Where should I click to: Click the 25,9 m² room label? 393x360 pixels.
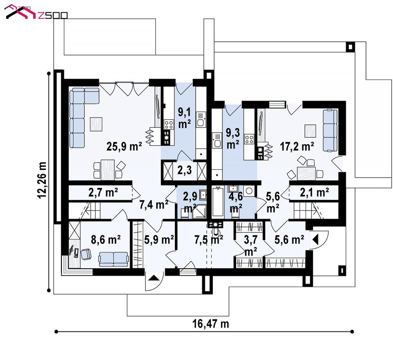124,146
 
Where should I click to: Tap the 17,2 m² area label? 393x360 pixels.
297,146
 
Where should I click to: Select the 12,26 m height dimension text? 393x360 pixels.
42,180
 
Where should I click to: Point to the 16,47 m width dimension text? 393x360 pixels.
210,324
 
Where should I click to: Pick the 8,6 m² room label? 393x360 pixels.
106,240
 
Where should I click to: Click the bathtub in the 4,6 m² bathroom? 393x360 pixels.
218,202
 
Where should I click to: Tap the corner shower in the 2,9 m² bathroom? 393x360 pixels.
200,211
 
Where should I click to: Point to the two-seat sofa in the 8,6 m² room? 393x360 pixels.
113,259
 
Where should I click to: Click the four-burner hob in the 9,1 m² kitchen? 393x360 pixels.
169,125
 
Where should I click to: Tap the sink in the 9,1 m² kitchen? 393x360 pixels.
201,120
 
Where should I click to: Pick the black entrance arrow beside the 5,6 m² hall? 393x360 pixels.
315,240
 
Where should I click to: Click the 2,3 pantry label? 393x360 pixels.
185,170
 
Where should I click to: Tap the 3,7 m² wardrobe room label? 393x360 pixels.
251,245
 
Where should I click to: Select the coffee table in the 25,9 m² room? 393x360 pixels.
96,124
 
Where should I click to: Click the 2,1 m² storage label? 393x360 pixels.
314,192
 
